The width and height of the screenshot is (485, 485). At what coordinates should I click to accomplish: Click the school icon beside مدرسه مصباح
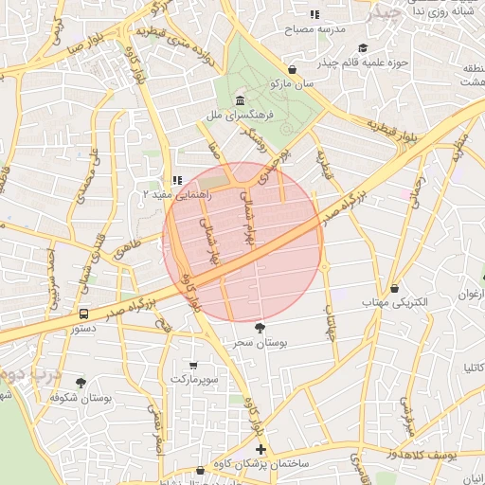click(x=314, y=14)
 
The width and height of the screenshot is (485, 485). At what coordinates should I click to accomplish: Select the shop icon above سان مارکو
click(x=293, y=69)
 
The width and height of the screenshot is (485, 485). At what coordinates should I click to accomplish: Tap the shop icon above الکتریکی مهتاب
click(x=395, y=288)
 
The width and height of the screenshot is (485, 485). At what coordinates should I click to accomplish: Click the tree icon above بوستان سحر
click(x=260, y=327)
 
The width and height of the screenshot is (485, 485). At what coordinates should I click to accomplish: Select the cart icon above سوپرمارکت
click(x=194, y=365)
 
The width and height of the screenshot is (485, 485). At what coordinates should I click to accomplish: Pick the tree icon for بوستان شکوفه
click(x=81, y=383)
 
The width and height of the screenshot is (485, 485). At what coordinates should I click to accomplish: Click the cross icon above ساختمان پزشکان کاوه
click(x=261, y=449)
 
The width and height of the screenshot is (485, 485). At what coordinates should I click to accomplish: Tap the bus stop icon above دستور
click(x=84, y=313)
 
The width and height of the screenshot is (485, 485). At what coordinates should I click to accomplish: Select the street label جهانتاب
click(x=331, y=323)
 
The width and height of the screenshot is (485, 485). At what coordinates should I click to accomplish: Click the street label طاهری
click(x=126, y=250)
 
